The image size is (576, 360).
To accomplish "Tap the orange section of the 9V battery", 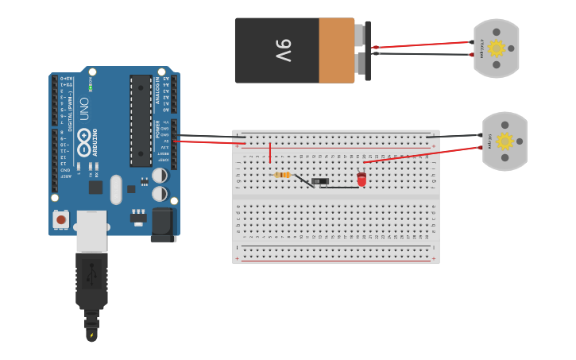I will pyautogui.click(x=336, y=50).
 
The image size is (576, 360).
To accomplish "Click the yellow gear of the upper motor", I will pyautogui.click(x=497, y=48).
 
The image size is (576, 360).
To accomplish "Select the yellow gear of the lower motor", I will pyautogui.click(x=504, y=141).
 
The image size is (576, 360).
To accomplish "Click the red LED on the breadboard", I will pyautogui.click(x=361, y=180).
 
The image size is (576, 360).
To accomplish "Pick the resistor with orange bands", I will pyautogui.click(x=282, y=175).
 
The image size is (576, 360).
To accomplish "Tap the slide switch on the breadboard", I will pyautogui.click(x=320, y=181).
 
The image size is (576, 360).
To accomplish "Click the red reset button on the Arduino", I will pyautogui.click(x=61, y=219).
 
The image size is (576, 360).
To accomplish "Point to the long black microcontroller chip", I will pyautogui.click(x=141, y=119).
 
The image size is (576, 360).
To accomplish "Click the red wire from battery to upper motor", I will pyautogui.click(x=421, y=45).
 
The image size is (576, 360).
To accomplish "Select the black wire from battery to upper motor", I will pyautogui.click(x=421, y=54).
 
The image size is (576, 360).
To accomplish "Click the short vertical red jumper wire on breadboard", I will pyautogui.click(x=270, y=153).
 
